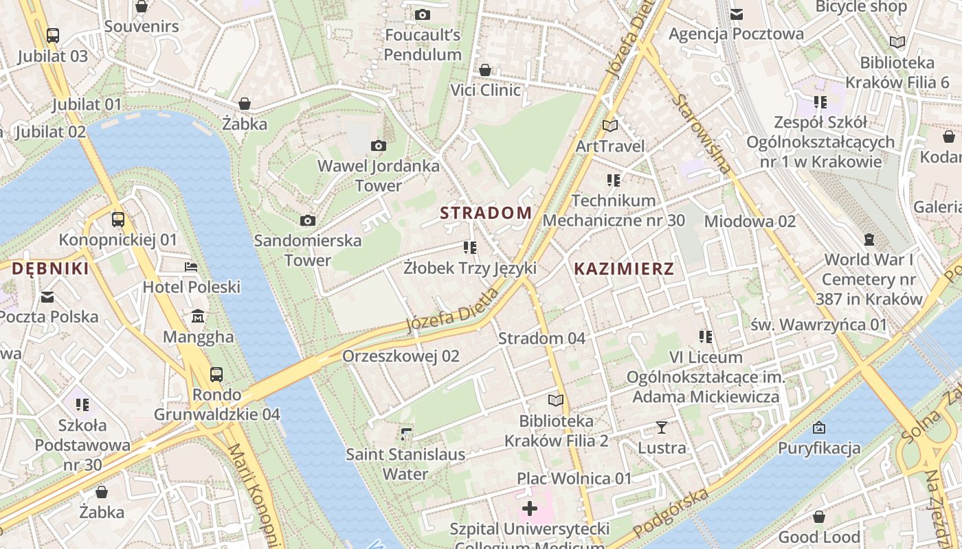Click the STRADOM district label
[x=486, y=213]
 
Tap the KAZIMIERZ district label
[x=624, y=269]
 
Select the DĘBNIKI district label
[x=50, y=269]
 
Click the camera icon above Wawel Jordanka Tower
[x=378, y=145]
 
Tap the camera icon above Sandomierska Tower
[x=308, y=220]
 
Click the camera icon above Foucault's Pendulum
[x=423, y=14]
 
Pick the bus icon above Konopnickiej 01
[x=118, y=220]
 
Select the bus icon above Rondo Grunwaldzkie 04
[x=216, y=374]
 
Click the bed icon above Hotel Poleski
[x=191, y=266]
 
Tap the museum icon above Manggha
[x=199, y=316]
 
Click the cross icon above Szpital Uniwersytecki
[x=530, y=509]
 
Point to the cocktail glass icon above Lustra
[x=662, y=428]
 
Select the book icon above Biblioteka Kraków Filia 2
[x=556, y=400]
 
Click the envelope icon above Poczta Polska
[x=47, y=296]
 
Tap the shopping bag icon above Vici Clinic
[x=485, y=70]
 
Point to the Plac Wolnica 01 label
[x=574, y=478]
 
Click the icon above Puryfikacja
[x=818, y=428]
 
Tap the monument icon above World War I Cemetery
[x=869, y=240]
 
